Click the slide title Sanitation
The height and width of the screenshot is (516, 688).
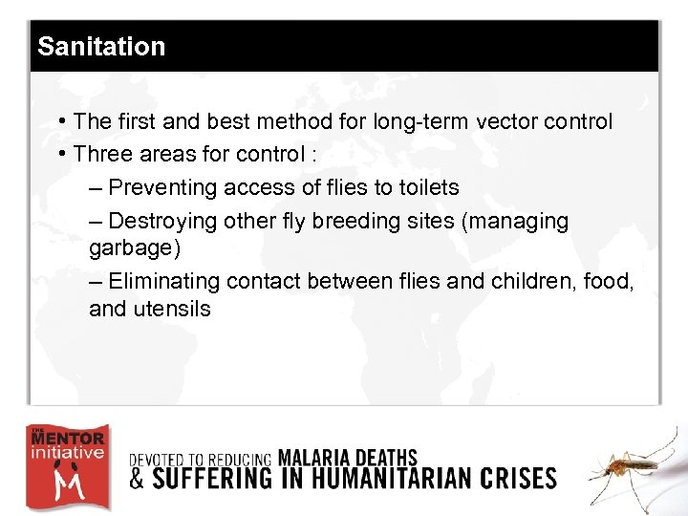[x=100, y=47]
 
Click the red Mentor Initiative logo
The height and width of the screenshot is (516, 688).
[x=67, y=466]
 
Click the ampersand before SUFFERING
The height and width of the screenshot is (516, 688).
[x=138, y=478]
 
